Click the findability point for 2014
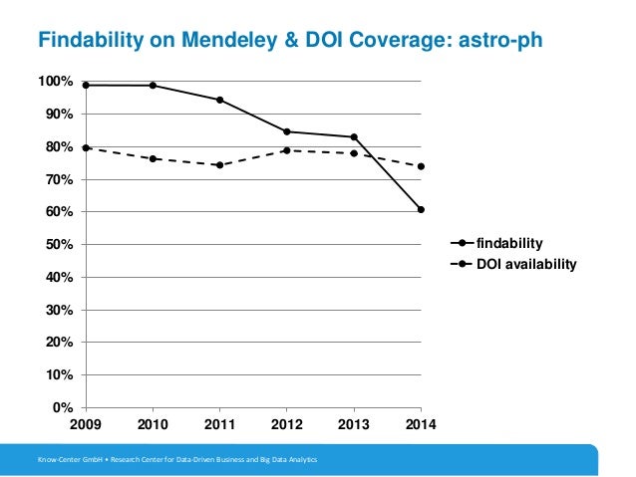[x=422, y=209]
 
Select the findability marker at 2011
[x=219, y=100]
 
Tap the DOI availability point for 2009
[x=86, y=147]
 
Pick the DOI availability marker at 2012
[x=287, y=150]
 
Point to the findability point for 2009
[x=86, y=85]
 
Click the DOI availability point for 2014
[x=422, y=166]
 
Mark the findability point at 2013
[x=354, y=136]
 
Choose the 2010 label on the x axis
[x=153, y=426]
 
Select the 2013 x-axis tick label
[x=354, y=426]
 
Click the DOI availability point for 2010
[x=153, y=158]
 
